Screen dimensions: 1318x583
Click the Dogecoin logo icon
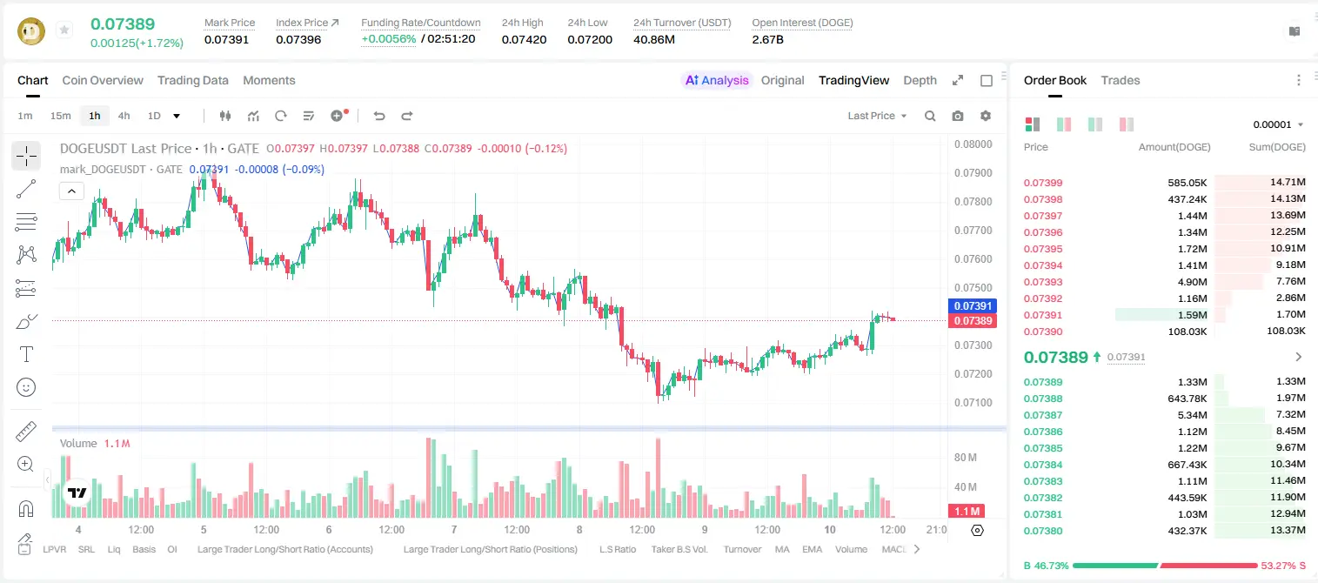31,31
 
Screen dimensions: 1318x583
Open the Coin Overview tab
103,80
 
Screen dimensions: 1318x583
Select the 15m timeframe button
61,116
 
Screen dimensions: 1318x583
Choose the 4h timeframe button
124,116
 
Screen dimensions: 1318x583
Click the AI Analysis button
717,80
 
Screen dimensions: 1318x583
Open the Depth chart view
920,80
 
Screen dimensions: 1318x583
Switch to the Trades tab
1121,80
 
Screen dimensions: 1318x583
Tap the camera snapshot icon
958,116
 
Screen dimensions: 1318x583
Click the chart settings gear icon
986,116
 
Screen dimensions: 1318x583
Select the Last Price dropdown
877,116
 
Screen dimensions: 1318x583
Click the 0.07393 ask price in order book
1043,282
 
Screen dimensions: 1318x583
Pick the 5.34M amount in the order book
1193,415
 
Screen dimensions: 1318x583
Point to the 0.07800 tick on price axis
973,201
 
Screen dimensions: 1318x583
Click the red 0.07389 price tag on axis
973,320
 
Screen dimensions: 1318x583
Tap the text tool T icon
26,354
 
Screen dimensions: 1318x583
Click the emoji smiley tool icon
26,387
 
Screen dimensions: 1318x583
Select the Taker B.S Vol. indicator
679,549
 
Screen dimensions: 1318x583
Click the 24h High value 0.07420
524,39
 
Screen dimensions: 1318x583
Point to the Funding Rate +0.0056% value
388,39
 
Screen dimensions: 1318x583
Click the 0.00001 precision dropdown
1278,124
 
